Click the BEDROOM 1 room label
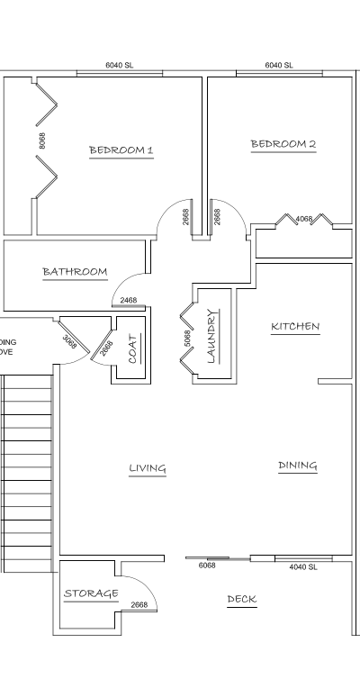121,149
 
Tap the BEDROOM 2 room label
283,143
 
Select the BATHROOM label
75,271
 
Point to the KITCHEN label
295,326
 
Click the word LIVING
148,467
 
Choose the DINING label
298,466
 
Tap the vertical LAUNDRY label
212,336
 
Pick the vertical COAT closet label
132,349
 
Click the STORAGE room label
91,593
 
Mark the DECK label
241,599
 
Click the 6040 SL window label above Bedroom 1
119,66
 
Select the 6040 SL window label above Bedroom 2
279,66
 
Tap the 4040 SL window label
303,567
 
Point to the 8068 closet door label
42,140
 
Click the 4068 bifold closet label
304,219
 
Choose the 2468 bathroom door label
129,300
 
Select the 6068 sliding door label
207,566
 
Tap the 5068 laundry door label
187,339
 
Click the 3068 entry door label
69,341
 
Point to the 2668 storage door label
139,605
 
